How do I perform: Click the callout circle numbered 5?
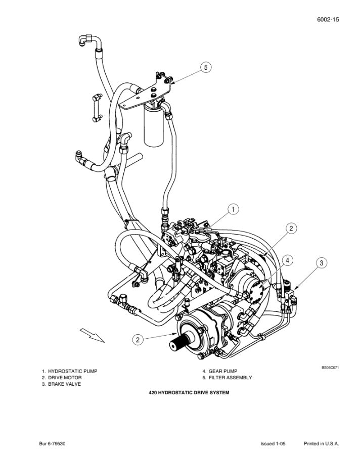(x=205, y=67)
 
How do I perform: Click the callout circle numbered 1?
(x=233, y=208)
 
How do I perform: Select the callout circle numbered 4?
(x=287, y=260)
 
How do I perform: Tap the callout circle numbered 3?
(x=322, y=262)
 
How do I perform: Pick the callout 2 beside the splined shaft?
(x=138, y=340)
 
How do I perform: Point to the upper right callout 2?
(x=291, y=228)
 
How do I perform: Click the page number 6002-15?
(x=328, y=19)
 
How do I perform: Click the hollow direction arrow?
(x=92, y=335)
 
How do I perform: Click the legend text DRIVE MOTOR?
(x=65, y=378)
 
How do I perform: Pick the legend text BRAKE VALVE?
(x=64, y=384)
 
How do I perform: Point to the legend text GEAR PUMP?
(x=222, y=371)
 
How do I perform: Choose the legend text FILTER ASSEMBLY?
(x=230, y=378)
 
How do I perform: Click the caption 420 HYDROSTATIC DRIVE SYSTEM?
(x=189, y=393)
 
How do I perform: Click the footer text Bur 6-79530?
(x=53, y=444)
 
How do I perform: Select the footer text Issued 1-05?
(x=273, y=444)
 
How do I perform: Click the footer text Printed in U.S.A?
(x=321, y=444)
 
